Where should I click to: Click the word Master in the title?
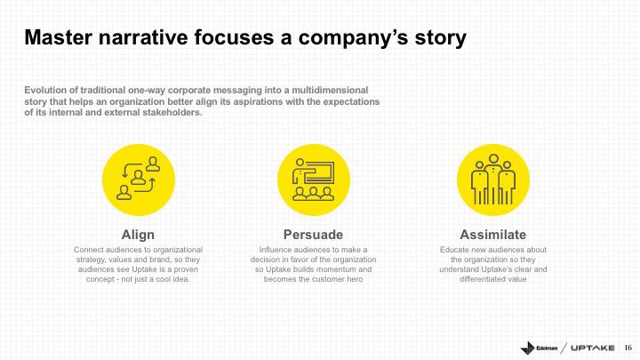pyautogui.click(x=59, y=37)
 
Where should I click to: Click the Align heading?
pyautogui.click(x=138, y=235)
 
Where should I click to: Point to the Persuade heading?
pyautogui.click(x=314, y=235)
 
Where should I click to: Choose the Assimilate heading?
pyautogui.click(x=493, y=235)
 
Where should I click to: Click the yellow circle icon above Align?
pyautogui.click(x=139, y=180)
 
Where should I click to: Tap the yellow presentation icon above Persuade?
pyautogui.click(x=314, y=180)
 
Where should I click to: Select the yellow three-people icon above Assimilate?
pyautogui.click(x=493, y=180)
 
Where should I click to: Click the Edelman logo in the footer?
pyautogui.click(x=539, y=348)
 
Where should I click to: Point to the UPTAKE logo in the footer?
pyautogui.click(x=593, y=348)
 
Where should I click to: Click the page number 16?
pyautogui.click(x=628, y=348)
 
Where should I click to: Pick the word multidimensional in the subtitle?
pyautogui.click(x=330, y=90)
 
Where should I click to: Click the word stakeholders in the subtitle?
pyautogui.click(x=172, y=113)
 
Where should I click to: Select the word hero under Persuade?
pyautogui.click(x=355, y=280)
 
